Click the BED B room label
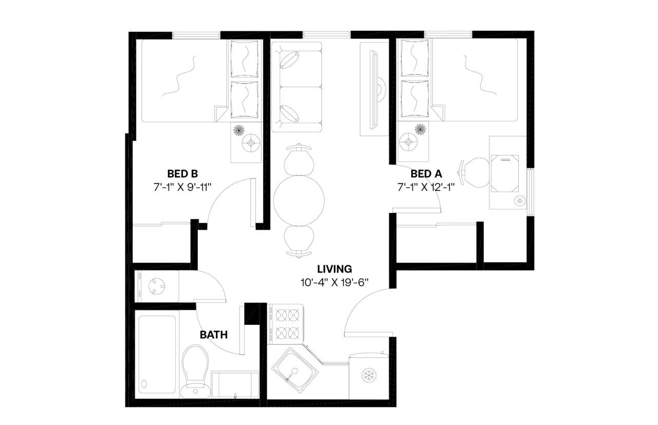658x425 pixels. point(182,173)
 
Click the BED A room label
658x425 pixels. point(426,173)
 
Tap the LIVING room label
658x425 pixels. point(334,268)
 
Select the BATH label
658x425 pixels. point(213,335)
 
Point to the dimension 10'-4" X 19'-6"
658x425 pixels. point(334,282)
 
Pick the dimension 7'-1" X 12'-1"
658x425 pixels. point(426,186)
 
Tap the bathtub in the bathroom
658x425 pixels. point(157,354)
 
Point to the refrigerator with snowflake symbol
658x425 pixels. point(368,375)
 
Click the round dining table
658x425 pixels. point(299,201)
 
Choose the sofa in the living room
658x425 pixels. point(296,87)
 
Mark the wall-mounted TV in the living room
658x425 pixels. point(375,88)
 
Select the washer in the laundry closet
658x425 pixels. point(156,286)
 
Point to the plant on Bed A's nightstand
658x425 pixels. point(421,129)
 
